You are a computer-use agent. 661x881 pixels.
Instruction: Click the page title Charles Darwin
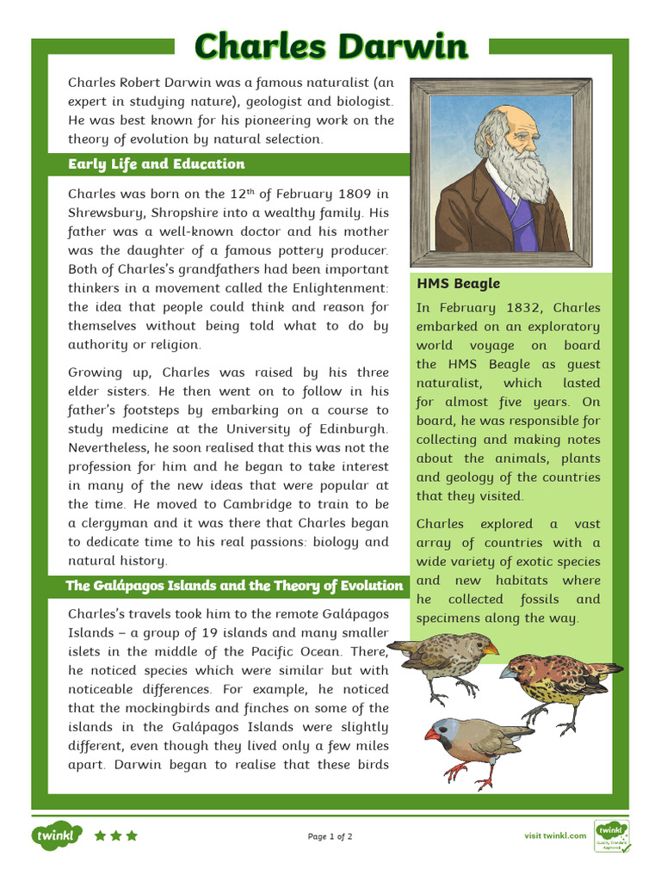click(x=330, y=46)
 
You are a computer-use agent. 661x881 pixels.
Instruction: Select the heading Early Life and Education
click(x=156, y=164)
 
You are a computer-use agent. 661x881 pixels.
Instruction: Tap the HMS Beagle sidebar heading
click(x=458, y=284)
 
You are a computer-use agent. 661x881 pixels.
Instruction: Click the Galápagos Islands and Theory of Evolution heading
click(x=235, y=586)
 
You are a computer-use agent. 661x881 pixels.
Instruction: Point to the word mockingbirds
click(x=151, y=708)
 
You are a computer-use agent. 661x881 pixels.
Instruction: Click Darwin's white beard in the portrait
click(x=519, y=168)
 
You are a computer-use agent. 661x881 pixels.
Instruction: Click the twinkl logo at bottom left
click(x=57, y=835)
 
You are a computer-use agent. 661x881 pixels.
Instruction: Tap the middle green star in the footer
click(x=115, y=835)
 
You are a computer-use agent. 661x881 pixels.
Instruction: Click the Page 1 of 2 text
click(x=330, y=836)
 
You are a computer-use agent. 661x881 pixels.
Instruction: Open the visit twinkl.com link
click(x=555, y=836)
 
